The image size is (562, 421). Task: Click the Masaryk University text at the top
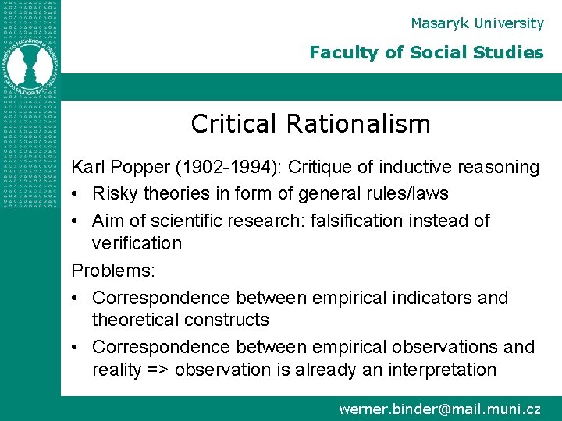476,23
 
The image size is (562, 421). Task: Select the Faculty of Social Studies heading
425,53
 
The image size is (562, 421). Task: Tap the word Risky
114,193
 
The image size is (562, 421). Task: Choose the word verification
137,243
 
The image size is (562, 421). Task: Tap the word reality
117,369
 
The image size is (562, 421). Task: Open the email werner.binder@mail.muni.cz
439,408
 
